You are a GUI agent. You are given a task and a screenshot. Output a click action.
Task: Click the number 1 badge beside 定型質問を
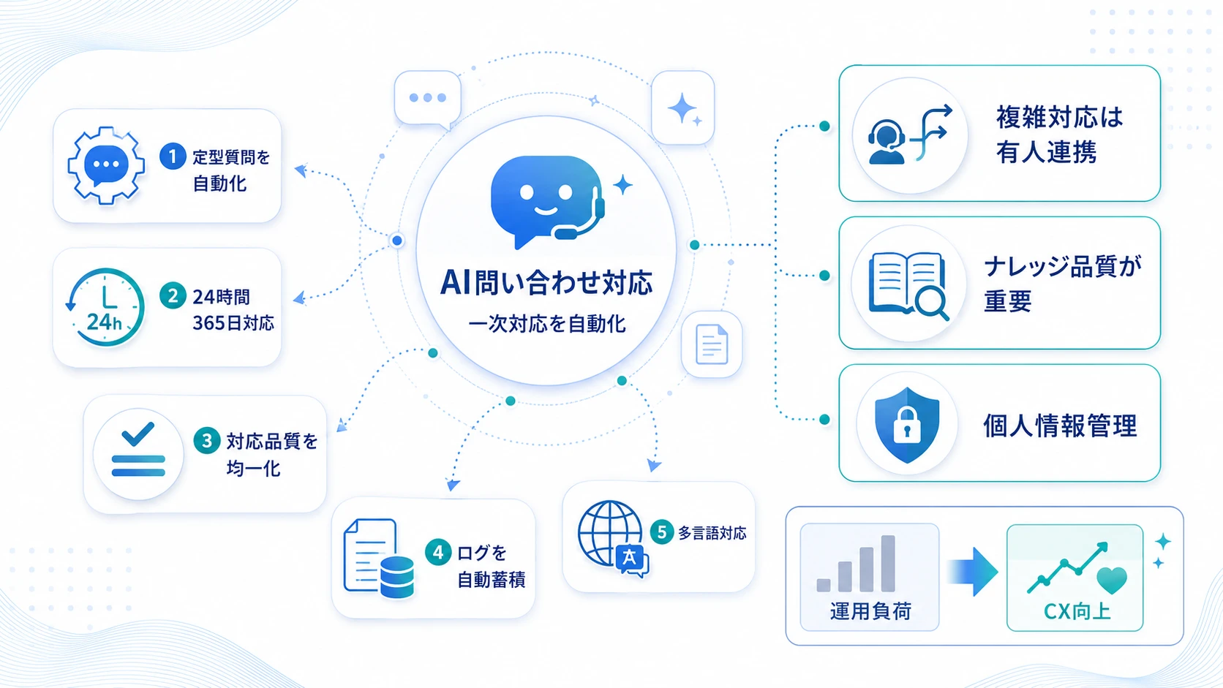(x=173, y=156)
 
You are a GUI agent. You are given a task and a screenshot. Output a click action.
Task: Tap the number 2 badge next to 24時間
(x=173, y=295)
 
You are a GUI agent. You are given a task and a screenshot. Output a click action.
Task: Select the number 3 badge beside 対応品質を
(x=207, y=440)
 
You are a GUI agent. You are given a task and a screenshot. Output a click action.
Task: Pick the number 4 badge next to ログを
(x=438, y=552)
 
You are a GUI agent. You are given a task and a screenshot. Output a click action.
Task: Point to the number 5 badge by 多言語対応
(x=662, y=532)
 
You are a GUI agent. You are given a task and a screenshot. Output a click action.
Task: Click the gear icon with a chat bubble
(x=106, y=165)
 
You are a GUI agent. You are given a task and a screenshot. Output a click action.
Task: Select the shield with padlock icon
(x=907, y=425)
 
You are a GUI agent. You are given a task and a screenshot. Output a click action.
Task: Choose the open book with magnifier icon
(x=908, y=284)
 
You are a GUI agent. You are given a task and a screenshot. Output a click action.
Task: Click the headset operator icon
(x=887, y=142)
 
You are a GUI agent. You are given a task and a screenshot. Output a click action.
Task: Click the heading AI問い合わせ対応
(x=546, y=283)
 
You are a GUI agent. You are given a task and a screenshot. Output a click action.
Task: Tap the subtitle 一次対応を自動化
(x=546, y=324)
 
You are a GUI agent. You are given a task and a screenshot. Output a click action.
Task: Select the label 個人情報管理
(x=1060, y=426)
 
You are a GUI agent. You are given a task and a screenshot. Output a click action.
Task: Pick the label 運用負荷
(x=870, y=611)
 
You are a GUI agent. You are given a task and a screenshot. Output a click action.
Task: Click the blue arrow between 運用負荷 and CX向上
(x=973, y=572)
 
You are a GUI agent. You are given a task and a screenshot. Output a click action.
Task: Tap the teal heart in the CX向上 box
(x=1112, y=580)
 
